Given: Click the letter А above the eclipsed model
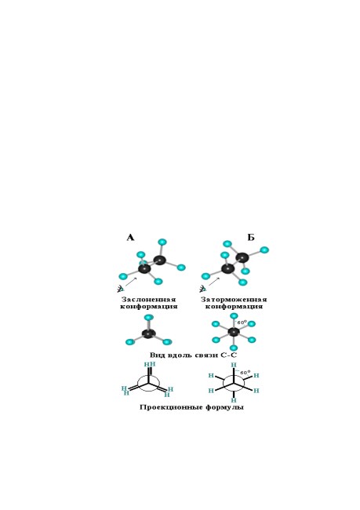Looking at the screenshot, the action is (130, 238).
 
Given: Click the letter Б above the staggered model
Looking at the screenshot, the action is (251, 238).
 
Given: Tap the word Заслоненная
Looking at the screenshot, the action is (148, 300).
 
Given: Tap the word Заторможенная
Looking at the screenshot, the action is (234, 300).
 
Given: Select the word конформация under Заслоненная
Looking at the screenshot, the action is (149, 307).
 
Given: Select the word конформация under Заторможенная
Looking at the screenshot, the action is (235, 307).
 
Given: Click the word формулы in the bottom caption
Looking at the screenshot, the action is (225, 407).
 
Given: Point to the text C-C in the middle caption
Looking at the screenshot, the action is (228, 355).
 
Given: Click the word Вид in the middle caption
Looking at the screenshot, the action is (157, 355).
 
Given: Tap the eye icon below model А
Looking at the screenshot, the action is (121, 289).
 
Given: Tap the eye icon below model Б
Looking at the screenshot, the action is (203, 289).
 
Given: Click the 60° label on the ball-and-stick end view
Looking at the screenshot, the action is (242, 322).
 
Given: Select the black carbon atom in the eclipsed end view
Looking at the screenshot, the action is (148, 333).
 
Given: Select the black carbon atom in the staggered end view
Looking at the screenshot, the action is (234, 332).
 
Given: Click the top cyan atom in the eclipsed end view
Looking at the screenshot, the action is (148, 318).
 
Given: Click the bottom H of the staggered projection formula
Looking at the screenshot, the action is (234, 400).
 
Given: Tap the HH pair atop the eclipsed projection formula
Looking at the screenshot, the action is (150, 364).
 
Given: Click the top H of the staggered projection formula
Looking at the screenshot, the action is (234, 366).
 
